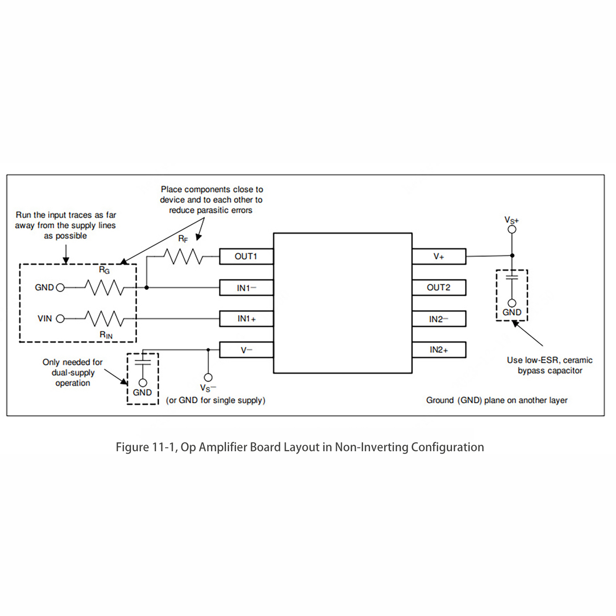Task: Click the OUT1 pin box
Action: tap(246, 256)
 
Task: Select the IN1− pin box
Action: tap(246, 288)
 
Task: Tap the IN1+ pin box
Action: tap(246, 319)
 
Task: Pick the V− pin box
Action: tap(246, 350)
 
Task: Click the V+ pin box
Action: tap(439, 256)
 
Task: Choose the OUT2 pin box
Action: tap(439, 288)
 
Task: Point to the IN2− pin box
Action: tap(439, 319)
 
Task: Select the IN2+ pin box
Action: tap(439, 350)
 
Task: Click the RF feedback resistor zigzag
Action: tap(183, 256)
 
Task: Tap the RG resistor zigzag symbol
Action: tap(104, 288)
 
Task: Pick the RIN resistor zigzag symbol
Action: tap(104, 319)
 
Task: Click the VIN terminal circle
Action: tap(60, 319)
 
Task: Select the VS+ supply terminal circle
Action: tap(512, 229)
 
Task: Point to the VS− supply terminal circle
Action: tap(208, 377)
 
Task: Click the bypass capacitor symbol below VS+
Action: tap(512, 277)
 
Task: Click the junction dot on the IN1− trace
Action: tap(147, 288)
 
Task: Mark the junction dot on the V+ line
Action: tap(512, 255)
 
